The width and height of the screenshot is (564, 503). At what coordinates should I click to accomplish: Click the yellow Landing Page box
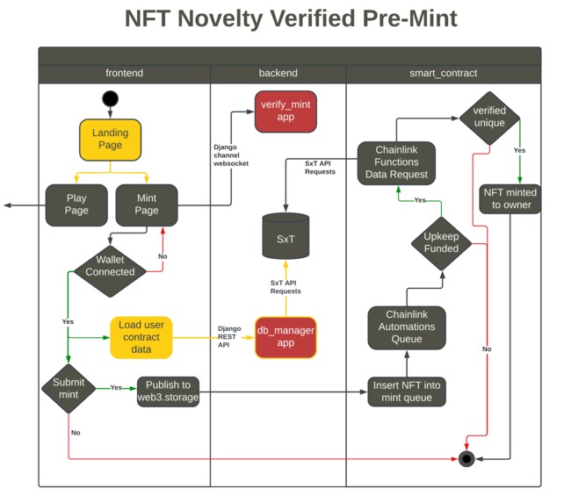110,140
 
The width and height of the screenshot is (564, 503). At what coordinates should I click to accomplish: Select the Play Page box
76,205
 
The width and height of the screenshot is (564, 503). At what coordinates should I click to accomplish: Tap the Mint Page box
147,205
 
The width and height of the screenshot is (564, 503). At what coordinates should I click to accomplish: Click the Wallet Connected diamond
110,266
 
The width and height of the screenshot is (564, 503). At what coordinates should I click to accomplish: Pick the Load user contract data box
141,337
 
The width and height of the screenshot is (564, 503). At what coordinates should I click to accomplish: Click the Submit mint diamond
69,388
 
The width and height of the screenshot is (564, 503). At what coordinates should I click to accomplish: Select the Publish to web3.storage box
168,392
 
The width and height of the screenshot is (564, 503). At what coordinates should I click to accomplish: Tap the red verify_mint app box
286,111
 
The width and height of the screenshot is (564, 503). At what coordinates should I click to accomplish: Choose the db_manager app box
286,337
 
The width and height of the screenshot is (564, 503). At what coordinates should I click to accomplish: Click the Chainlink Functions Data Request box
397,162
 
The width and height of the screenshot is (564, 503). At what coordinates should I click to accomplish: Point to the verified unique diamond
489,117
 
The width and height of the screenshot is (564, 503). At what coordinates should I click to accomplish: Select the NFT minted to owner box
510,198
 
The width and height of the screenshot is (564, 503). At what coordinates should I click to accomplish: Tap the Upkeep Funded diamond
441,242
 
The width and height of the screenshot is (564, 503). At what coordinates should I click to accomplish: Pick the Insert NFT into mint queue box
407,392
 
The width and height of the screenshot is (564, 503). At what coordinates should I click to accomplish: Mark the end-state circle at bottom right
466,458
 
